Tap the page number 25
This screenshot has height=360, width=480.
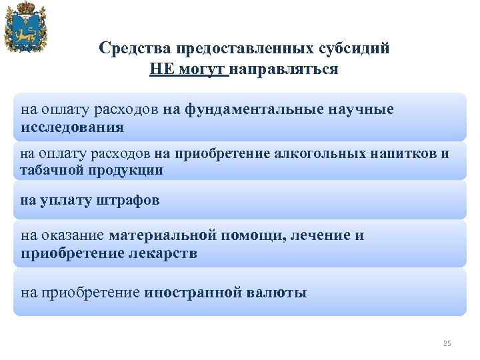click(x=447, y=343)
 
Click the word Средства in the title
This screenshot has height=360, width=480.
click(x=133, y=49)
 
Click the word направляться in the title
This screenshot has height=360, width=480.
click(x=283, y=69)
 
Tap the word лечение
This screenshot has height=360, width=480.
click(x=323, y=235)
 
